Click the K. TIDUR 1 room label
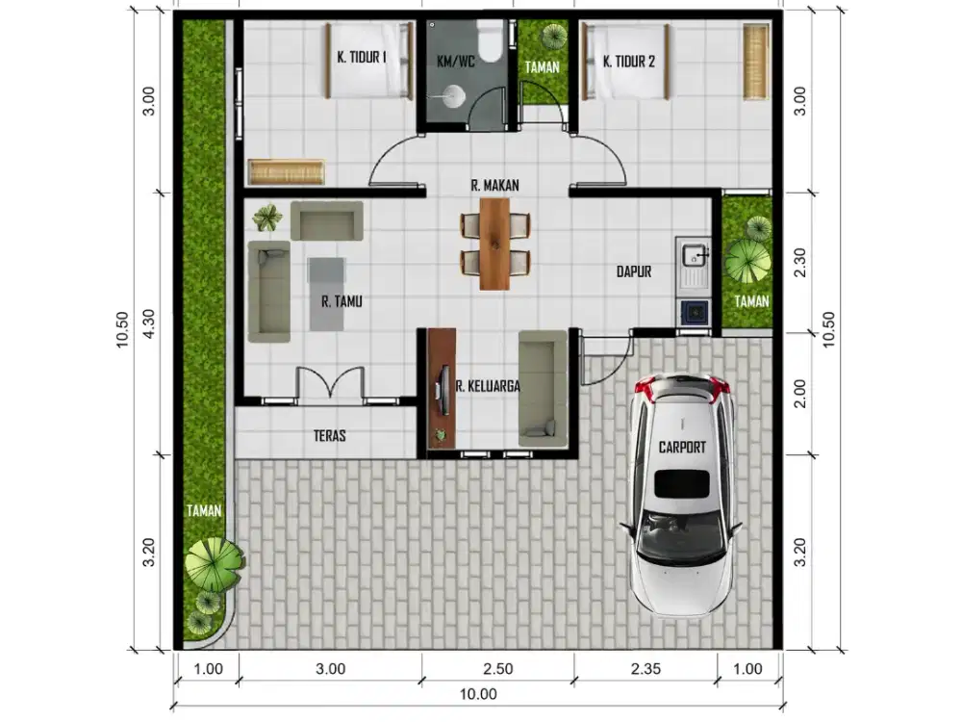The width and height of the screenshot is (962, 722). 362,57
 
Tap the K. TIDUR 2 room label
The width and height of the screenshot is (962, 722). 629,62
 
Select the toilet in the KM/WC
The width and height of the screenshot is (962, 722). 491,40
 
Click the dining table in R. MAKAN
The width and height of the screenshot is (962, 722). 494,244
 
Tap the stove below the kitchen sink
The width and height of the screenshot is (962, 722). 694,313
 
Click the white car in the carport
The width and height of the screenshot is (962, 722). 683,494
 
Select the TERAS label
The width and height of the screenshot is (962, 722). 329,436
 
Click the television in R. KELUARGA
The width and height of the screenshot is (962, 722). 442,389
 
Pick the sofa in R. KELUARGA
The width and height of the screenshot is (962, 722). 543,389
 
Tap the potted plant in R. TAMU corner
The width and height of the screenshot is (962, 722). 266,218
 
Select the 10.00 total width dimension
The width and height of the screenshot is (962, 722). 478,694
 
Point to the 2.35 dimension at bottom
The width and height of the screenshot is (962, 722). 646,669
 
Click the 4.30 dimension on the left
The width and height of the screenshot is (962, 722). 149,323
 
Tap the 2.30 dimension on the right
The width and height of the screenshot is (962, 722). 800,263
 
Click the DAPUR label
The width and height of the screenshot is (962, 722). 634,271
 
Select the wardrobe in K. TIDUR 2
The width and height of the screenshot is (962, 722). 756,62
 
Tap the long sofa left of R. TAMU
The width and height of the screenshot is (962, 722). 268,292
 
